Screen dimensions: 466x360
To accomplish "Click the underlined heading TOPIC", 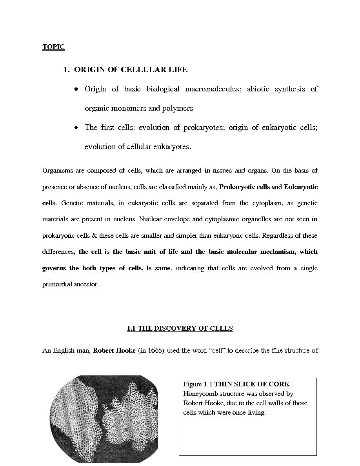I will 53,47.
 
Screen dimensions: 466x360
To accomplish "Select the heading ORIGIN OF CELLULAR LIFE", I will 131,69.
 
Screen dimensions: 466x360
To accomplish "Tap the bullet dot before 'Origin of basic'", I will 76,89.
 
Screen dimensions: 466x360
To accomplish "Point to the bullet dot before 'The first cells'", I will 76,128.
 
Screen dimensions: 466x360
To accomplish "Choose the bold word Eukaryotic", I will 301,187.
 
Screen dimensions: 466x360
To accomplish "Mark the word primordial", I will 57,284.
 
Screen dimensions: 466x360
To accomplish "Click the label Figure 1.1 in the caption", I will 198,384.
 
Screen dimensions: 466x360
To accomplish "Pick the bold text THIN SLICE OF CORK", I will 252,384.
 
